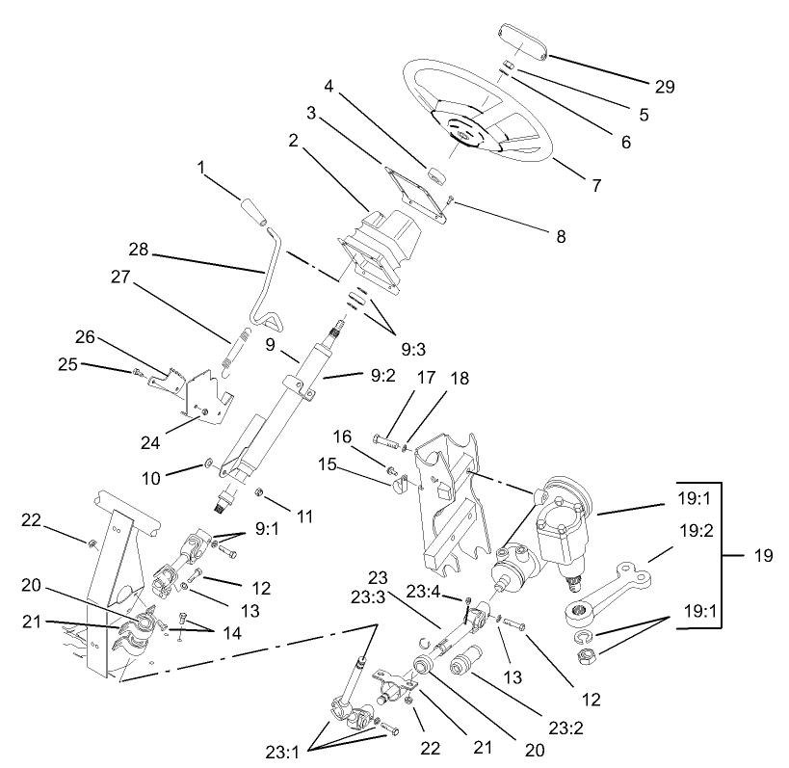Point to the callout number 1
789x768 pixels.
click(x=203, y=168)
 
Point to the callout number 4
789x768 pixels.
click(x=329, y=85)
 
